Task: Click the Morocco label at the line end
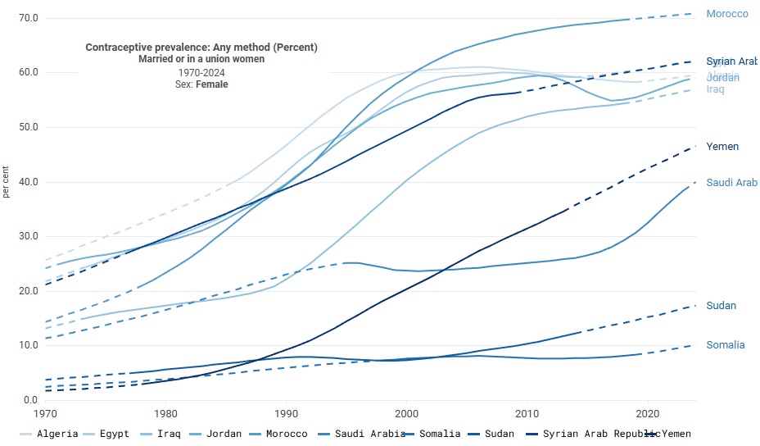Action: (x=727, y=14)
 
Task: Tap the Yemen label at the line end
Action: (x=722, y=147)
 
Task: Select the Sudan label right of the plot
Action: (x=722, y=306)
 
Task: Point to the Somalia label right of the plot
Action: (x=726, y=345)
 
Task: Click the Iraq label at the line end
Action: (x=715, y=89)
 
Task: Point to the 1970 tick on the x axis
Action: (x=45, y=413)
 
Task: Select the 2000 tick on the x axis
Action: (x=407, y=413)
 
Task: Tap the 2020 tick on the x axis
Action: (x=648, y=413)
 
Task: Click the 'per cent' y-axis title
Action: (x=7, y=181)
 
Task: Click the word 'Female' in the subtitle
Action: (x=212, y=84)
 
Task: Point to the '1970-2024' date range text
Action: (x=201, y=72)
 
